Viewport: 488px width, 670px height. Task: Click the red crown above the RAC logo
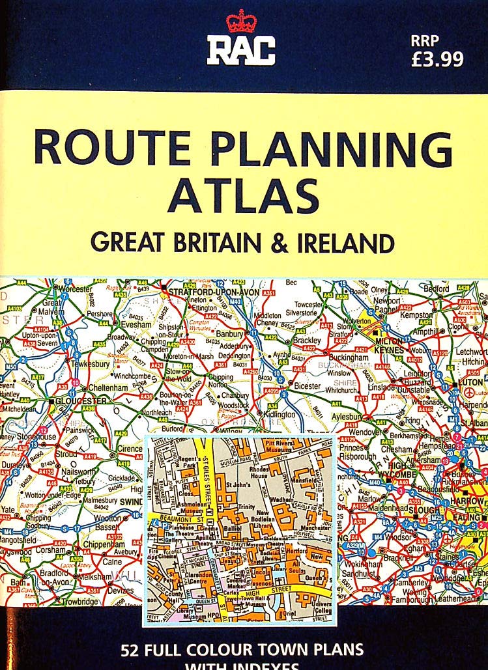240,21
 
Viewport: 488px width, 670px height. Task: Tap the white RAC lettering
241,50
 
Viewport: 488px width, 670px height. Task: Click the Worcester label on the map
78,288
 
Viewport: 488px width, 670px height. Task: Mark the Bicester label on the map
308,386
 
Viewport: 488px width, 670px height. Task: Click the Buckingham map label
354,357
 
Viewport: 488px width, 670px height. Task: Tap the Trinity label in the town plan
247,506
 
